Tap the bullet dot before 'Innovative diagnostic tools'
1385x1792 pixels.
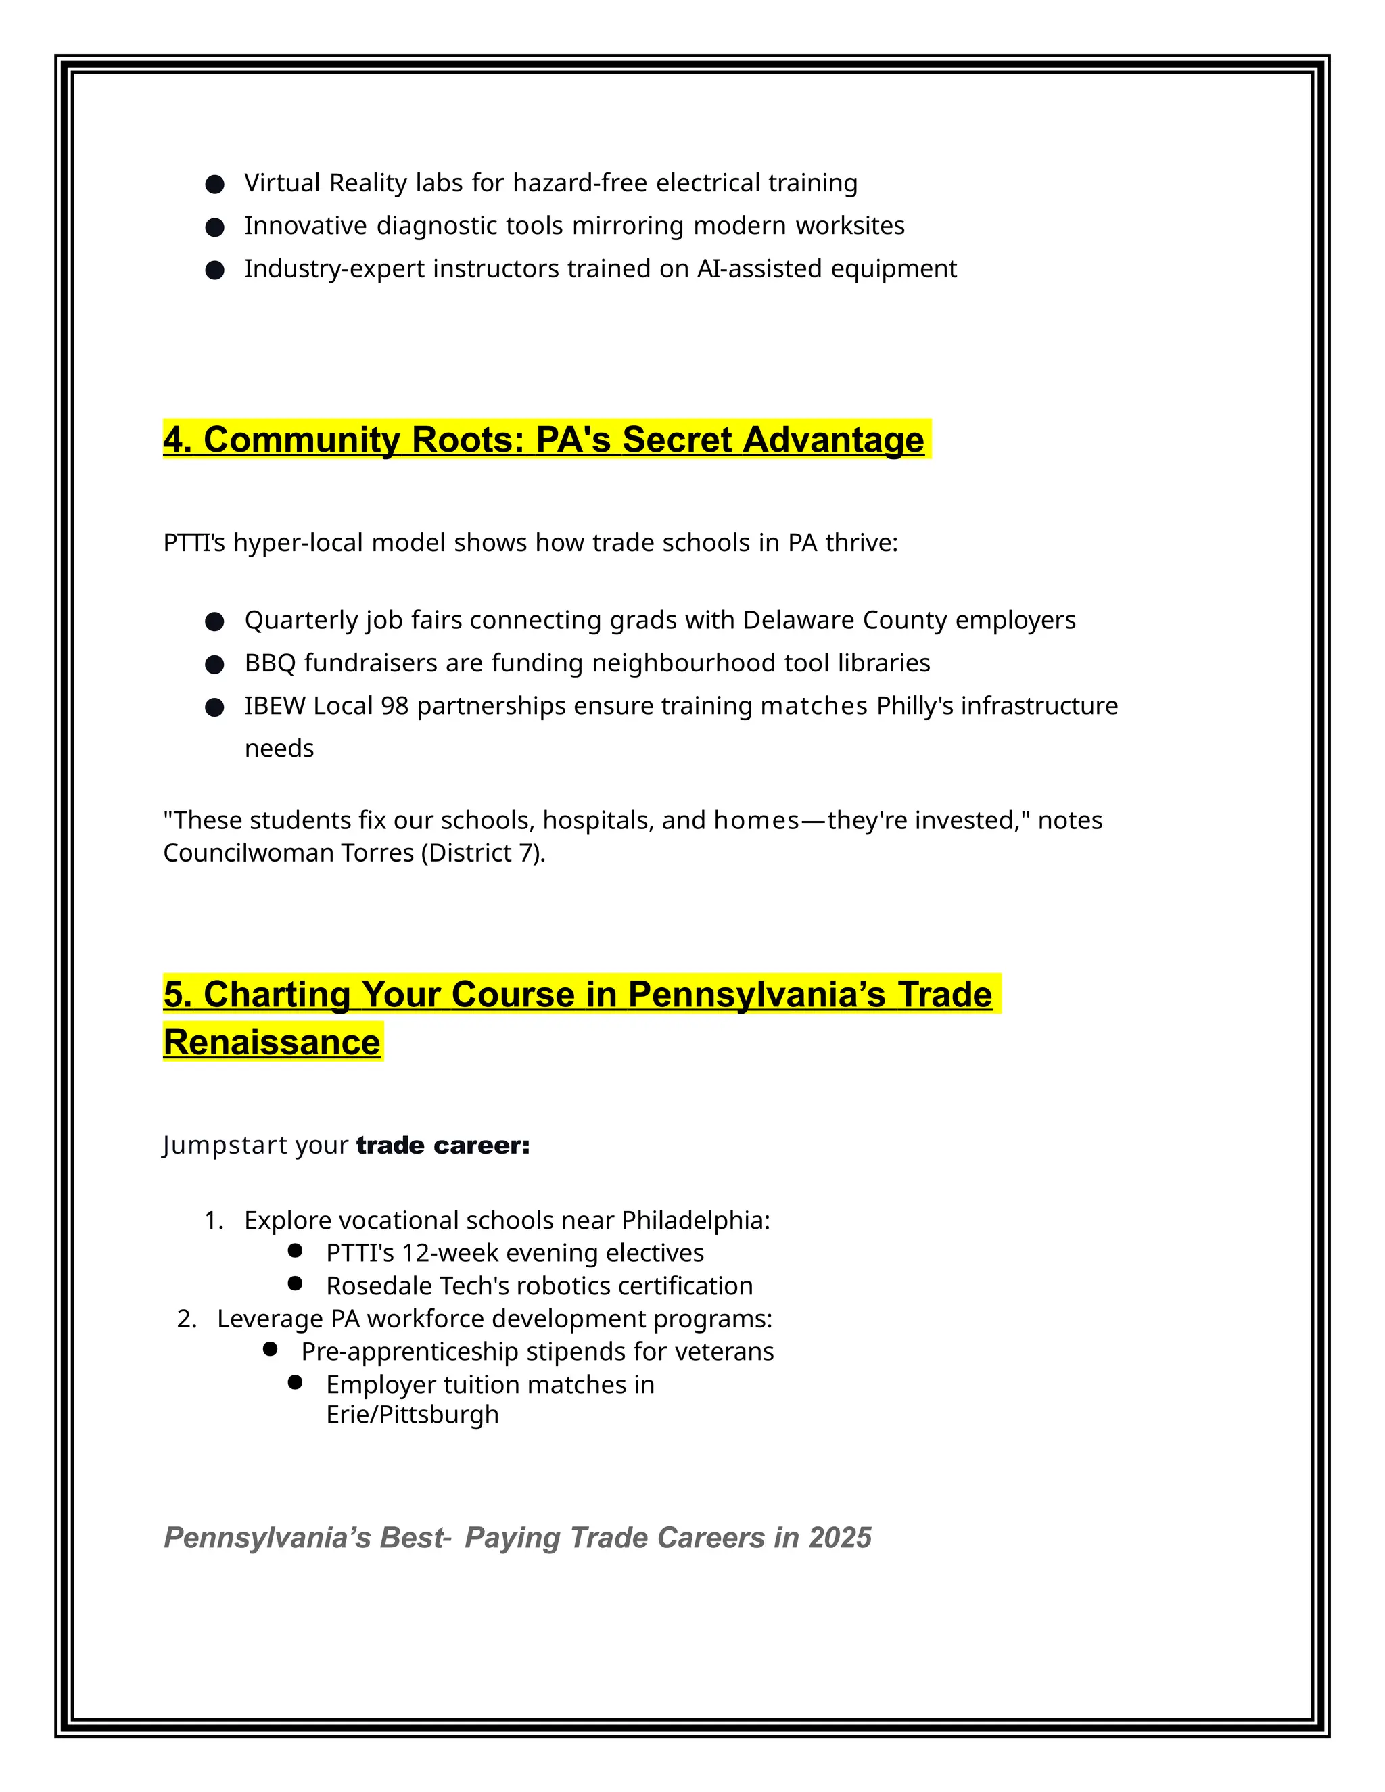[x=215, y=227]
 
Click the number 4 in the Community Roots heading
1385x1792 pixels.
[x=173, y=440]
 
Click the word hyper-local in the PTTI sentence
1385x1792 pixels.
[x=298, y=543]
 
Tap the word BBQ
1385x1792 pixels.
[x=270, y=663]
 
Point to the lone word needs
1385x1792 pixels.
[x=279, y=749]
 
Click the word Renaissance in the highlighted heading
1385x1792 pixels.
[x=272, y=1043]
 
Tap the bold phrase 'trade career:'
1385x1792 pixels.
[x=443, y=1146]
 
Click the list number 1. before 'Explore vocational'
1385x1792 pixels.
[x=213, y=1221]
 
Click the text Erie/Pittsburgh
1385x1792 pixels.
[x=413, y=1415]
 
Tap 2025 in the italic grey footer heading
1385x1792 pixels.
[x=840, y=1538]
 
